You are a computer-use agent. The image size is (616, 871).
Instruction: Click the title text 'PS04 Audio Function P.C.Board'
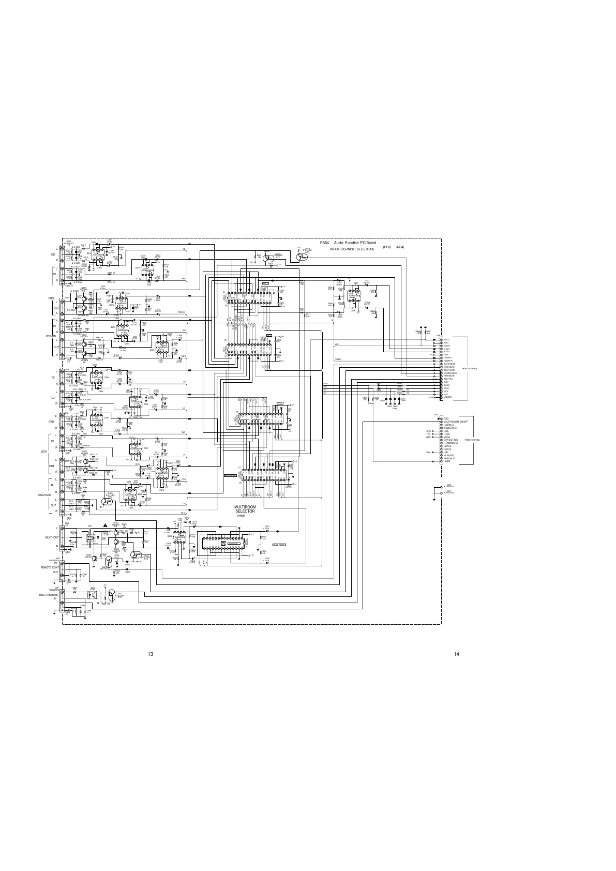pyautogui.click(x=348, y=243)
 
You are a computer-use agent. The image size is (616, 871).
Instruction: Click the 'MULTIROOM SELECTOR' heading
pyautogui.click(x=245, y=509)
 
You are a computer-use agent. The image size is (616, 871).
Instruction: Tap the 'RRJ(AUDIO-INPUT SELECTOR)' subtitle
pyautogui.click(x=352, y=249)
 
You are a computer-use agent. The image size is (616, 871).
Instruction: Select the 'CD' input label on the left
pyautogui.click(x=52, y=254)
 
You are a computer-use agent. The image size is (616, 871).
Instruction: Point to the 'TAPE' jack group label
pyautogui.click(x=51, y=298)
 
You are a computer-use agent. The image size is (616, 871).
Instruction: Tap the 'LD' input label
pyautogui.click(x=52, y=397)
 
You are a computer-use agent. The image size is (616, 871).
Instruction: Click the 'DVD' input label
pyautogui.click(x=52, y=422)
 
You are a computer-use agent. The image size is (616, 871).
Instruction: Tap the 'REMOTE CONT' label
pyautogui.click(x=50, y=567)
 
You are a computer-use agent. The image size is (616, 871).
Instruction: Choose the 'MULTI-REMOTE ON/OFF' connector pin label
pyautogui.click(x=456, y=422)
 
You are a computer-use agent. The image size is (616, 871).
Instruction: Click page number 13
pyautogui.click(x=151, y=654)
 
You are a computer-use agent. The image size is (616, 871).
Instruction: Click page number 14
pyautogui.click(x=456, y=654)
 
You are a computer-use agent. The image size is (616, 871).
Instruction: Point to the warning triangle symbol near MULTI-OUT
pyautogui.click(x=105, y=525)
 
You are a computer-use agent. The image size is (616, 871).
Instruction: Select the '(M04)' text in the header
pyautogui.click(x=399, y=247)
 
